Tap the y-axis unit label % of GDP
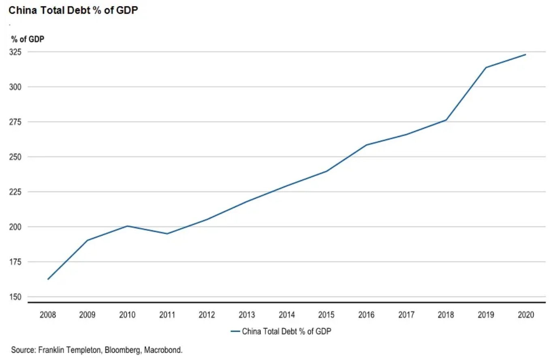(28, 39)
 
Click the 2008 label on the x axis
(48, 315)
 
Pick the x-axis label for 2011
(167, 315)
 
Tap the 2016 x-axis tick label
(366, 315)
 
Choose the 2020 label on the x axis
(525, 315)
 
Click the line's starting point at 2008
(48, 279)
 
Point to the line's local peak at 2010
(127, 226)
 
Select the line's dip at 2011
(167, 234)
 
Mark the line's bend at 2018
(446, 120)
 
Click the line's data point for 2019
(486, 67)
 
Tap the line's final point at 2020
(525, 55)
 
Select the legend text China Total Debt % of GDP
(287, 332)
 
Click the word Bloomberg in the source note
(121, 349)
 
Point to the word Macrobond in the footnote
(161, 349)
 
